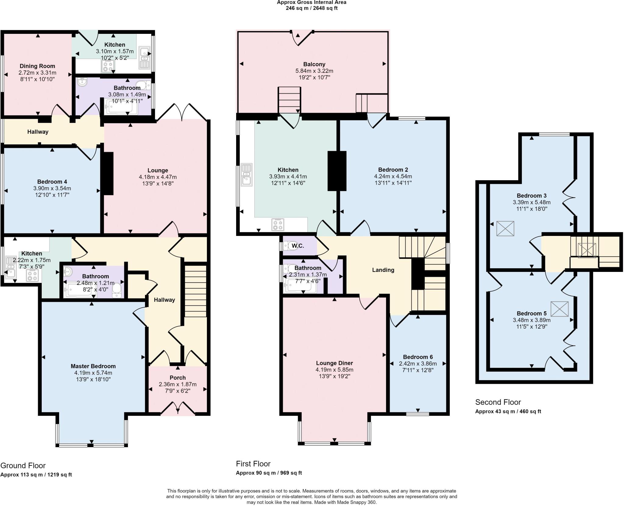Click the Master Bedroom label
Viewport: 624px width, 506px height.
pos(93,366)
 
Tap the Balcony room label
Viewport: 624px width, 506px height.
pos(314,64)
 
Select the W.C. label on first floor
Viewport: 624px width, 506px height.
pos(297,246)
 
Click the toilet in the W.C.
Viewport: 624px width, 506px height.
pos(288,245)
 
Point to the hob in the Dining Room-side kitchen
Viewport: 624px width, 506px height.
pos(107,66)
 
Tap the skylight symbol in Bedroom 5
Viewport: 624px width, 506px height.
pos(559,309)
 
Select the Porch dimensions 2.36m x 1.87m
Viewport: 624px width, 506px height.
pos(178,384)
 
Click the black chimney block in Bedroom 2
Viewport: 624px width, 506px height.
pos(337,171)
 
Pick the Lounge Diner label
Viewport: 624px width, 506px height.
pos(334,363)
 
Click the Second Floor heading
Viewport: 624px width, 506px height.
pos(498,402)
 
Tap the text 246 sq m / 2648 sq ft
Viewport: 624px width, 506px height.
pos(311,8)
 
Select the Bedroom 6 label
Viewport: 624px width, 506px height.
pos(418,357)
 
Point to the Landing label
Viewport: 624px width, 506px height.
pos(383,270)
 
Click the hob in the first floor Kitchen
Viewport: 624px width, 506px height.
pos(278,225)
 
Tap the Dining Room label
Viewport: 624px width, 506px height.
pos(37,66)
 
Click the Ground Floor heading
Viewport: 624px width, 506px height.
pos(23,465)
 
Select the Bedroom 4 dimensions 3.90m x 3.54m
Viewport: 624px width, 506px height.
pos(52,188)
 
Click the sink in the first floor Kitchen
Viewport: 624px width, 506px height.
pos(246,175)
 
